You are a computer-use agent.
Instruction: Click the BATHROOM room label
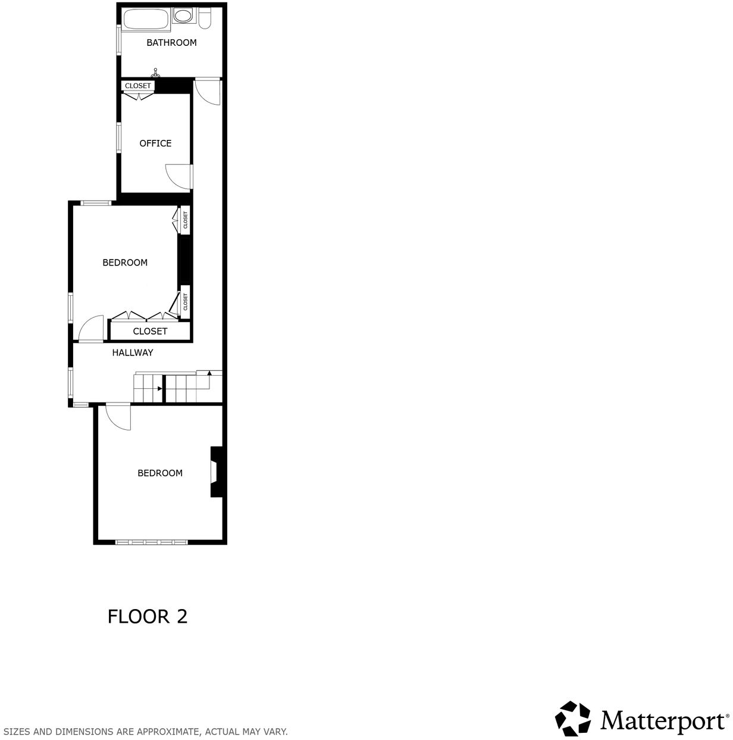[x=171, y=43]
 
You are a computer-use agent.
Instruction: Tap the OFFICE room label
[x=155, y=143]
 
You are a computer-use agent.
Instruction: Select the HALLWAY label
[x=133, y=352]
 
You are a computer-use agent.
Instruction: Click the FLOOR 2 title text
[x=148, y=616]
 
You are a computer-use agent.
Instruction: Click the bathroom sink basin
[x=184, y=15]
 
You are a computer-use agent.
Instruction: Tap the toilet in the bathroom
[x=205, y=18]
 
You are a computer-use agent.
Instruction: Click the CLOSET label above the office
[x=138, y=86]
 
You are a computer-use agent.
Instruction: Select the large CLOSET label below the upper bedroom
[x=150, y=331]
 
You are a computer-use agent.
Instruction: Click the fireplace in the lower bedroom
[x=215, y=471]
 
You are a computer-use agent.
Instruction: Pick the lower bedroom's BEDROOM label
[x=160, y=473]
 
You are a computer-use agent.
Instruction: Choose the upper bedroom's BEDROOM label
[x=125, y=263]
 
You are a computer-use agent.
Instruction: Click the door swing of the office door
[x=177, y=177]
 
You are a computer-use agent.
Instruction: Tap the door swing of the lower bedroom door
[x=118, y=417]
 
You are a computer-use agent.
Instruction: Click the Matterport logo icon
[x=573, y=719]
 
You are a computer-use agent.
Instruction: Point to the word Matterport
[x=663, y=720]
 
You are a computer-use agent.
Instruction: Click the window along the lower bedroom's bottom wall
[x=152, y=542]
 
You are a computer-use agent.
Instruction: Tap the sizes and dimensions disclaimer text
[x=145, y=732]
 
